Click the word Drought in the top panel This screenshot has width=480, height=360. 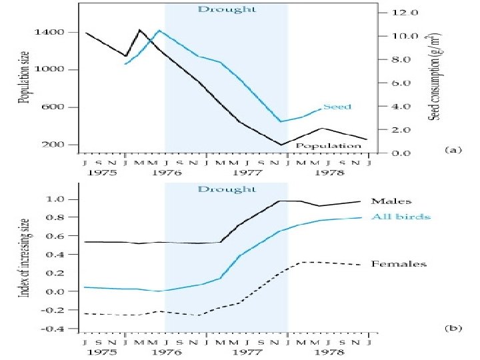click(227, 9)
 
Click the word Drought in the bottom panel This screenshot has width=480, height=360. click(227, 189)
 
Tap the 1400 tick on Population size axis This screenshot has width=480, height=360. click(51, 32)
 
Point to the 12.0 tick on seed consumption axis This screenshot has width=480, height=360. click(405, 13)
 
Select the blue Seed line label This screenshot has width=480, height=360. click(337, 107)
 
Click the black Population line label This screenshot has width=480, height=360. click(328, 145)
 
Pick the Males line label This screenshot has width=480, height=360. click(391, 201)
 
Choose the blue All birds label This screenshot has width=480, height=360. click(401, 217)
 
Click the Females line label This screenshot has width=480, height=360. click(399, 264)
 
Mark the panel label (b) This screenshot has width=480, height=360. click(453, 328)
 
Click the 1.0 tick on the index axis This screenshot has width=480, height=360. click(55, 199)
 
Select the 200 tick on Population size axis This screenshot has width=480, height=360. click(53, 145)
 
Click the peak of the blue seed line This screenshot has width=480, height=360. click(159, 30)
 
